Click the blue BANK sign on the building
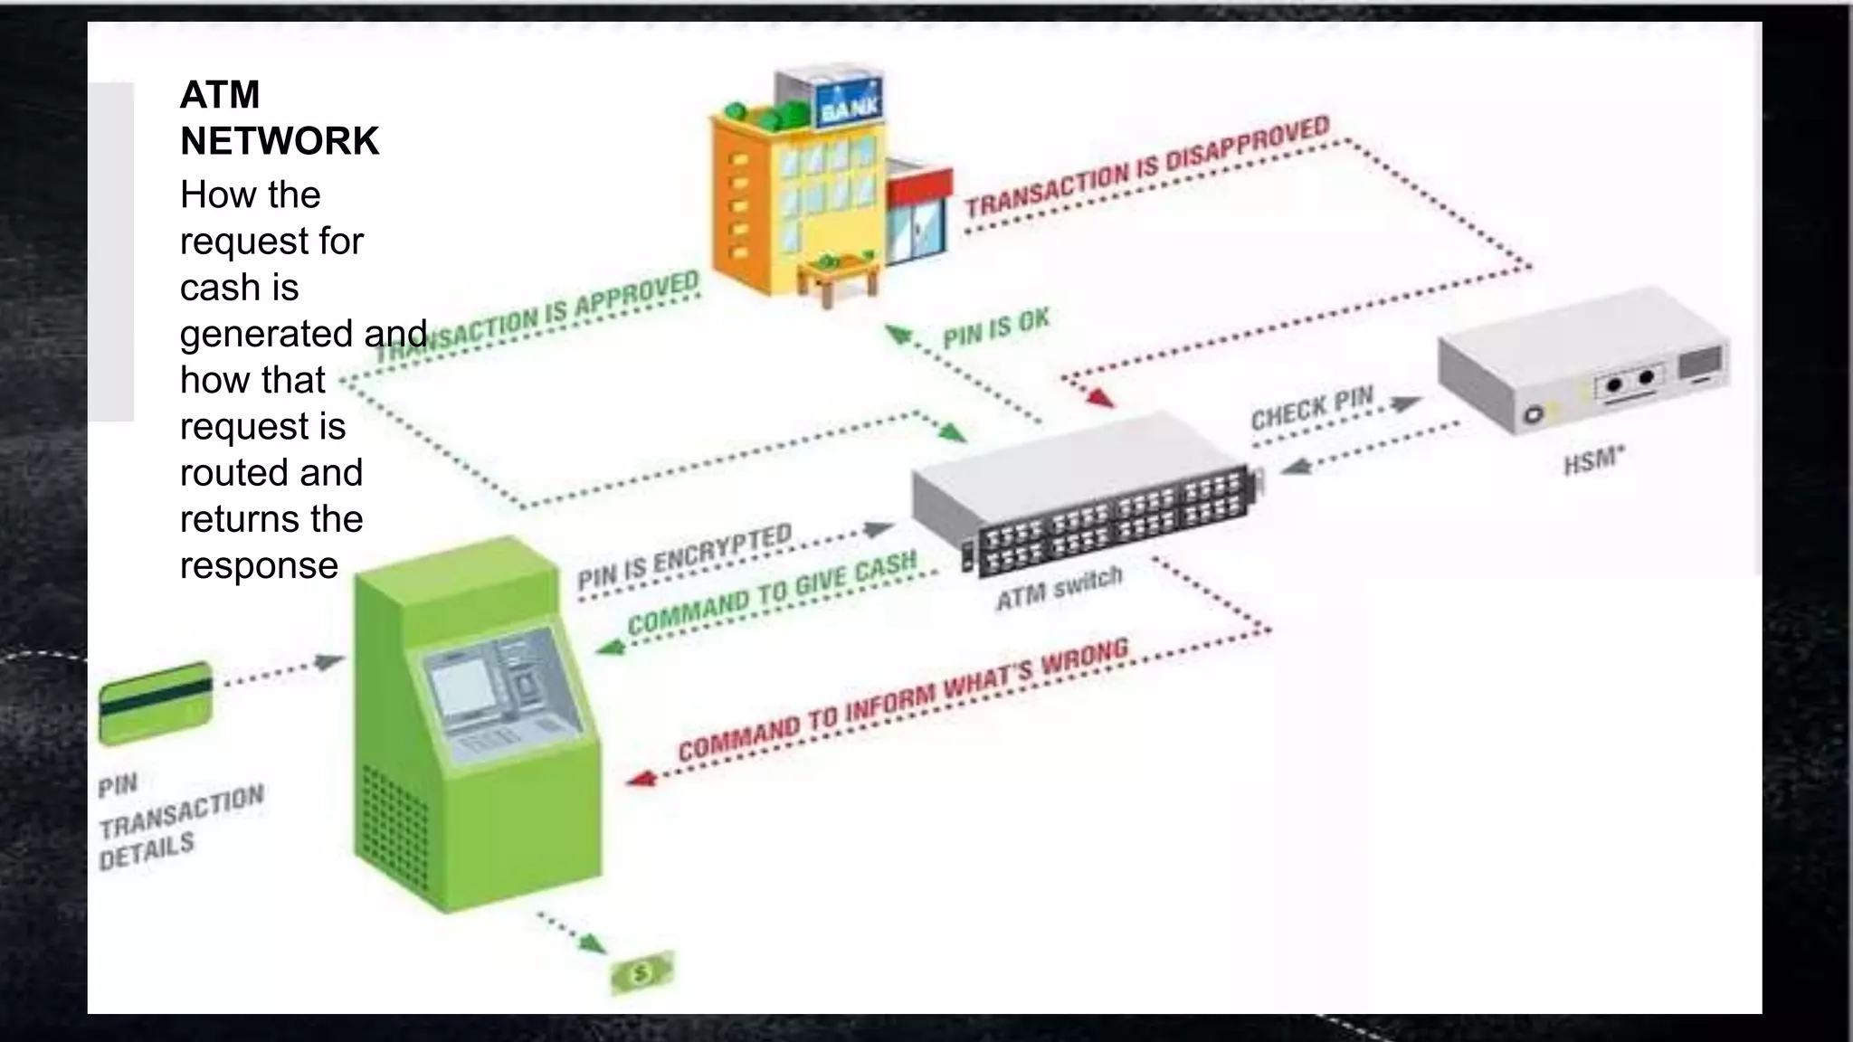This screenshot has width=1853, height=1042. (x=849, y=106)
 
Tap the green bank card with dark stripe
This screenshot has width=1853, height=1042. (x=156, y=702)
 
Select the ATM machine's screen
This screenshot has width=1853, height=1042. (x=461, y=689)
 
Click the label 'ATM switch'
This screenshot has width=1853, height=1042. (x=1059, y=588)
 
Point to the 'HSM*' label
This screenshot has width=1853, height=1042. (x=1593, y=460)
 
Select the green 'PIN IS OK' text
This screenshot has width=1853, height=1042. (x=995, y=328)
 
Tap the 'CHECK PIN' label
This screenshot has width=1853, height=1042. (x=1311, y=407)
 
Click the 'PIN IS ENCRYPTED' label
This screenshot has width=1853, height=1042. (x=684, y=556)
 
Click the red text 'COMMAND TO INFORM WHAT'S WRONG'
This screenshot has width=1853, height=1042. (x=903, y=698)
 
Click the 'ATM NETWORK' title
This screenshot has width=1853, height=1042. (x=279, y=118)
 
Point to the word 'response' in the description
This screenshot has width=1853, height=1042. (x=259, y=565)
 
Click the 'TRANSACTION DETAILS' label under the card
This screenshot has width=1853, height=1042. (x=181, y=825)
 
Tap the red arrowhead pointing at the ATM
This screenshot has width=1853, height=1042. (x=640, y=778)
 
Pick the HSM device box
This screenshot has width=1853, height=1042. (x=1583, y=360)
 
